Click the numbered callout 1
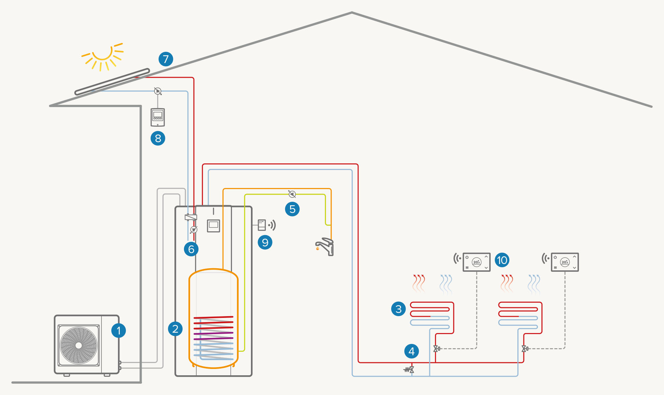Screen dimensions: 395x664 coord(118,331)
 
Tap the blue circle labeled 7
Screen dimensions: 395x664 coord(166,59)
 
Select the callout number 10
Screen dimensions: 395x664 coord(502,260)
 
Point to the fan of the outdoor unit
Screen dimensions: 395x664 coord(79,345)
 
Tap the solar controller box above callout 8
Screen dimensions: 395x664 coord(158,117)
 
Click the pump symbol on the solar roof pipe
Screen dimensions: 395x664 coord(158,91)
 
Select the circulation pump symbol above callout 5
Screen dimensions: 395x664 coord(292,194)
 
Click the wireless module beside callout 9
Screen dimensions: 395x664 coord(262,225)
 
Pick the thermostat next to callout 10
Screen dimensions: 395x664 coord(477,262)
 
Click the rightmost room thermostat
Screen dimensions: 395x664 coord(565,262)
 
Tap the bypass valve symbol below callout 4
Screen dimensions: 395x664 coord(410,370)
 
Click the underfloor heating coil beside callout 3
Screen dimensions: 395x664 coord(432,315)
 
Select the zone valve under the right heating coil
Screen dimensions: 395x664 coord(524,349)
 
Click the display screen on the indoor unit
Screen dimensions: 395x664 coord(214,225)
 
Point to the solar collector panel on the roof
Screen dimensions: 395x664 coord(112,82)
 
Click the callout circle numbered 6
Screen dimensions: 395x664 coord(191,249)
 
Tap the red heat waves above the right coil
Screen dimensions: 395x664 coord(507,283)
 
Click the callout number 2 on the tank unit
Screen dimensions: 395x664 coord(175,329)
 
